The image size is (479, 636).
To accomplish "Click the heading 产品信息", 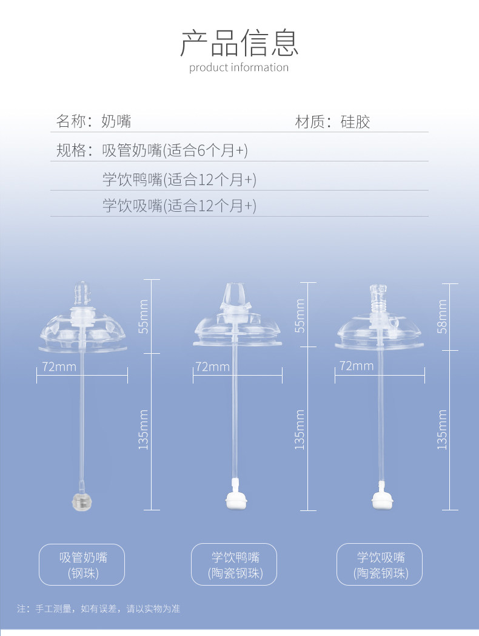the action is (239, 42).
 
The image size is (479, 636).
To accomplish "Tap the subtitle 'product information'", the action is (239, 67).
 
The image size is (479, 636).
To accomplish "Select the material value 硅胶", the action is (355, 122).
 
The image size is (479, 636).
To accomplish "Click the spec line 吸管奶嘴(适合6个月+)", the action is (175, 150).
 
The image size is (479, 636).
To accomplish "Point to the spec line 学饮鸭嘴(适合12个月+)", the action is (179, 180).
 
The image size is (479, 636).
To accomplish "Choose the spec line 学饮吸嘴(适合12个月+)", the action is (179, 206).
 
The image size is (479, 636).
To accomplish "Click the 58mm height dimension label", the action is (442, 316).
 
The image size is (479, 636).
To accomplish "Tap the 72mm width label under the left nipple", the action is (59, 367).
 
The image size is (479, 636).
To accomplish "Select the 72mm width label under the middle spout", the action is (213, 367).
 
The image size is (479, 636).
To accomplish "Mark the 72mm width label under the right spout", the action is (357, 366).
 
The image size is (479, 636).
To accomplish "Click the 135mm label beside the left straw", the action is (144, 430).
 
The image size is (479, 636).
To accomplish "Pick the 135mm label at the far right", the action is (442, 430).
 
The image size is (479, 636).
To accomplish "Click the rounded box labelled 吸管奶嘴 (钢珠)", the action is (82, 565).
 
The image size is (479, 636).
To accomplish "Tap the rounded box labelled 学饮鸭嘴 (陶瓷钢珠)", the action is (235, 565).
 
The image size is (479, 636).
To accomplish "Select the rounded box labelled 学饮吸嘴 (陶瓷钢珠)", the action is (380, 565).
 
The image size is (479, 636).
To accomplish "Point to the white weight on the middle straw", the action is (235, 499).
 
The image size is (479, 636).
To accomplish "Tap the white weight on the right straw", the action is (382, 499).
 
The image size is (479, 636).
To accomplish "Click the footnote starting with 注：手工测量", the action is (98, 608).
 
